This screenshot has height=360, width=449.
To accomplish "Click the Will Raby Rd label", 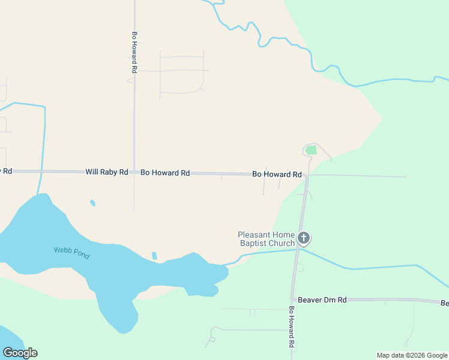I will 106,172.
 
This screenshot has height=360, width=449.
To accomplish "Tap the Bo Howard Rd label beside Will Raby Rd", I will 165,173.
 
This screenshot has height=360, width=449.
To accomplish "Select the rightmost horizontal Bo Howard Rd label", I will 277,174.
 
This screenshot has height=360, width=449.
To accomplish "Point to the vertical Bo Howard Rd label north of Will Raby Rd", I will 135,53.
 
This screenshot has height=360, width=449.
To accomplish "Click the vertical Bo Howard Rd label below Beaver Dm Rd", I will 291,328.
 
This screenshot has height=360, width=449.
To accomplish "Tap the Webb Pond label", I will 71,253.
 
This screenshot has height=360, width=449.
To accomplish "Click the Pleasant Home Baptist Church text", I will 266,239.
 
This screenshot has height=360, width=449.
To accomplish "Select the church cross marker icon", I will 304,238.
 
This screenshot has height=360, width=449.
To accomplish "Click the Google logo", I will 20,353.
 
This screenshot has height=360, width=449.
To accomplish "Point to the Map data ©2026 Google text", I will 412,355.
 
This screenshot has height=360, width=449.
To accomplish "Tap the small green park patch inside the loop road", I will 311,150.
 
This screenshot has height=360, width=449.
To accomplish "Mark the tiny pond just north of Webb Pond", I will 92,203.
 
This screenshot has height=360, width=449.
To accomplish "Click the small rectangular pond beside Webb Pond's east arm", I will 154,256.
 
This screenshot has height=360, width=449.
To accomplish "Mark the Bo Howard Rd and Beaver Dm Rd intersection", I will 293,299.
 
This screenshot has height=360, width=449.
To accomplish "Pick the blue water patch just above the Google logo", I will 7,335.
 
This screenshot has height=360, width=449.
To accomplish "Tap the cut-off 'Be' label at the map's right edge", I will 444,304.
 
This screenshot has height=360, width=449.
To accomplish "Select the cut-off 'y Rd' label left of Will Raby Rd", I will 5,171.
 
